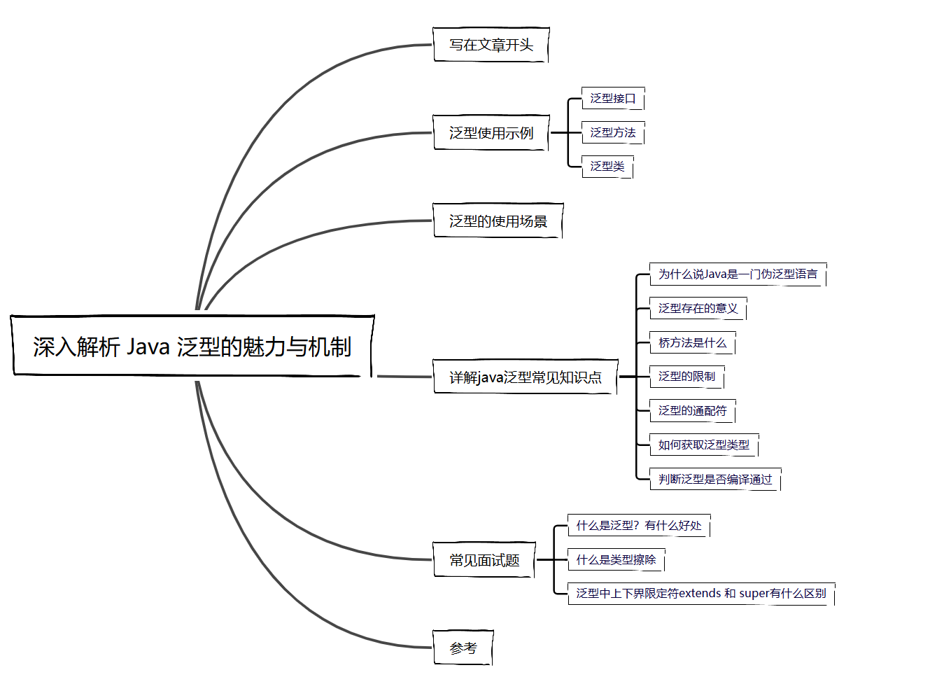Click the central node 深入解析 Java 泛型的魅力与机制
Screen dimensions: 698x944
(x=192, y=346)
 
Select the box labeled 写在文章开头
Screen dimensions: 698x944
(x=491, y=45)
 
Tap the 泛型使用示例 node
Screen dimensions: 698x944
(x=491, y=133)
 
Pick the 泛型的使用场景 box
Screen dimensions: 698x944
(x=498, y=221)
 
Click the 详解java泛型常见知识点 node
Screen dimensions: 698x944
(x=525, y=377)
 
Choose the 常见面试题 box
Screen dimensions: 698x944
(x=484, y=560)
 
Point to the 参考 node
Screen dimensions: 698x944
(x=463, y=648)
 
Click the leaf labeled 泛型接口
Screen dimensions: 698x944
(x=612, y=98)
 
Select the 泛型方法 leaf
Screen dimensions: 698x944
(x=612, y=132)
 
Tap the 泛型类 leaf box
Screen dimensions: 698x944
(x=607, y=167)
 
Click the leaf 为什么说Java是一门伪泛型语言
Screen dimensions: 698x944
(x=738, y=274)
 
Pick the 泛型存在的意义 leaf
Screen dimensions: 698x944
(x=698, y=308)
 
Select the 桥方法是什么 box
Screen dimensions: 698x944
(x=692, y=342)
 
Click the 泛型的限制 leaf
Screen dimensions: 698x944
(x=686, y=377)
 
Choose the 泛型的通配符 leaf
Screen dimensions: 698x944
(x=692, y=411)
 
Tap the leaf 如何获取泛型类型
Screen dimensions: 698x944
(x=703, y=445)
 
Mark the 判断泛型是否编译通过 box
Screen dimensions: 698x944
(x=714, y=479)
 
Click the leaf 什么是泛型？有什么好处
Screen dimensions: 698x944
(x=638, y=525)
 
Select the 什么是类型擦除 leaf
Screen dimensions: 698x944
(x=616, y=559)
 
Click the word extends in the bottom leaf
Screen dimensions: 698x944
(x=700, y=594)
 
